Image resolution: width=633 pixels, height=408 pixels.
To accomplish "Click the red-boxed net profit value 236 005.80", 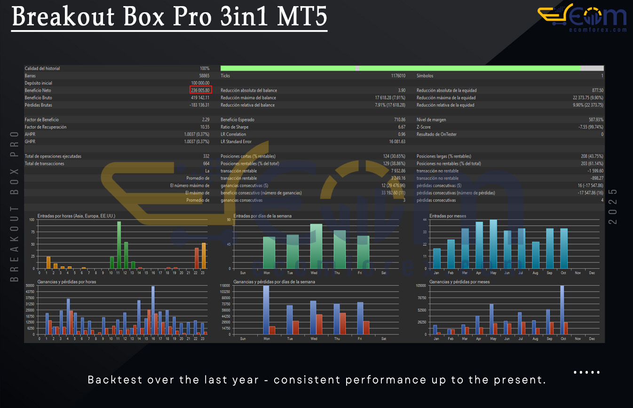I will pyautogui.click(x=201, y=90).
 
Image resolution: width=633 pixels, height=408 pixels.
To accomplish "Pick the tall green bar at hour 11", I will pyautogui.click(x=119, y=244).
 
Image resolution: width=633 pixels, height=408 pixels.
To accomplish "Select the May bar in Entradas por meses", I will pyautogui.click(x=493, y=244).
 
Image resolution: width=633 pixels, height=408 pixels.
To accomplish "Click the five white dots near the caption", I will pyautogui.click(x=586, y=372).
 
